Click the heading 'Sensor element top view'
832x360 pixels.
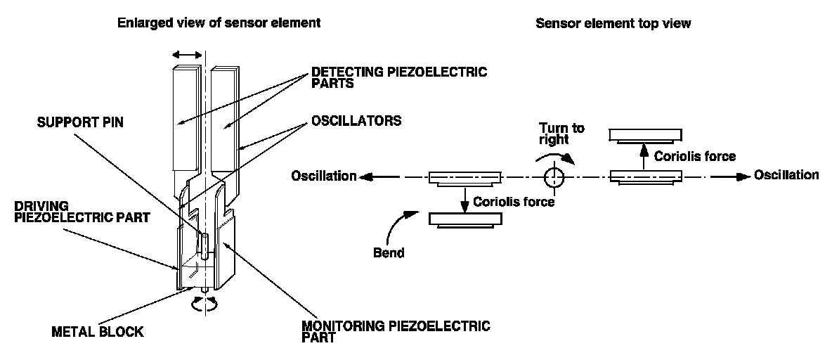(613, 23)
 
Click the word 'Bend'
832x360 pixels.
(389, 252)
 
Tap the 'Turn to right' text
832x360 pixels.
(561, 134)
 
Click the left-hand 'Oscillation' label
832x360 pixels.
(324, 176)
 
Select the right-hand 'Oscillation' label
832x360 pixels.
(786, 174)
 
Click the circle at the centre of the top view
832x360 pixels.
(555, 176)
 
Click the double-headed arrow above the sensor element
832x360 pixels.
(188, 54)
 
